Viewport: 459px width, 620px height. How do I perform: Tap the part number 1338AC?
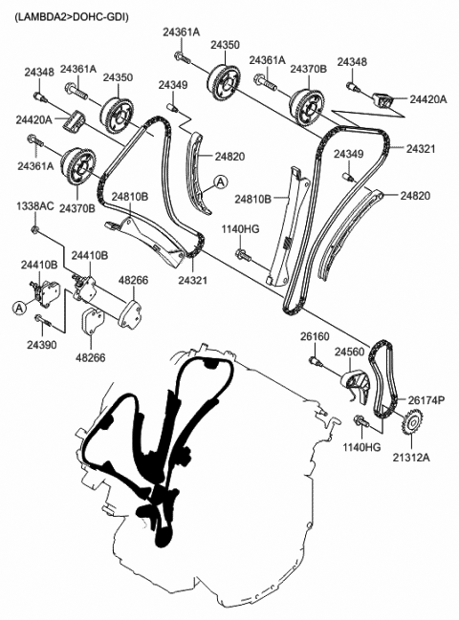(35, 206)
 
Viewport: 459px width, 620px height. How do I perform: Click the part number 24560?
(350, 353)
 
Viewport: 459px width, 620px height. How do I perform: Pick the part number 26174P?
(427, 399)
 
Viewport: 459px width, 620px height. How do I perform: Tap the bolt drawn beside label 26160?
(315, 360)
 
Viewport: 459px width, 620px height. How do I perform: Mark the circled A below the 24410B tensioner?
(17, 307)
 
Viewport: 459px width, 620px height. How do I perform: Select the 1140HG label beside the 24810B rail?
(241, 229)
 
